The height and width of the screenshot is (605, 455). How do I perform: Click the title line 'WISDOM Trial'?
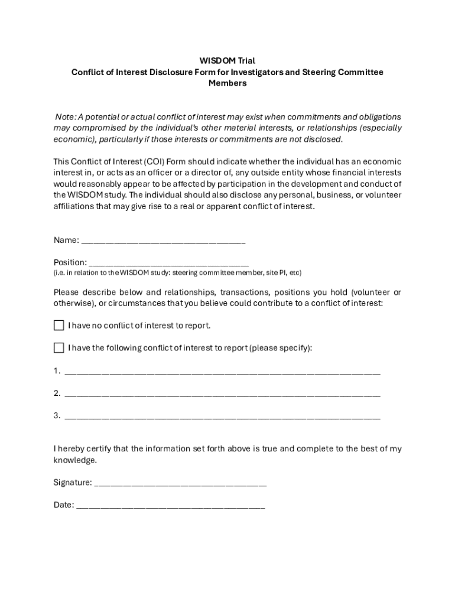pyautogui.click(x=227, y=61)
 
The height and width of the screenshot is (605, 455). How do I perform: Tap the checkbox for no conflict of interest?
pyautogui.click(x=59, y=326)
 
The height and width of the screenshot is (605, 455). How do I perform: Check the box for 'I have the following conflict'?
pyautogui.click(x=59, y=348)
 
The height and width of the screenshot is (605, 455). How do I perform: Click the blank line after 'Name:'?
pyautogui.click(x=163, y=242)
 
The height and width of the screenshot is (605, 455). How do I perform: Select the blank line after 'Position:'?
pyautogui.click(x=168, y=264)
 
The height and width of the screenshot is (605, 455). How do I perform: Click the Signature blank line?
pyautogui.click(x=180, y=484)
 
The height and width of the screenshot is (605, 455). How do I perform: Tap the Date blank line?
pyautogui.click(x=171, y=506)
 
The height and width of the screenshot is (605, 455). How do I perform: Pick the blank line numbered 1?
pyautogui.click(x=222, y=372)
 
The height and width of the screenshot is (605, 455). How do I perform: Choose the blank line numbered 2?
pyautogui.click(x=222, y=395)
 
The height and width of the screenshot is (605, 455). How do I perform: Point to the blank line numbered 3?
pyautogui.click(x=222, y=417)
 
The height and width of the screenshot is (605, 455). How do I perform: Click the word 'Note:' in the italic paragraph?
pyautogui.click(x=66, y=117)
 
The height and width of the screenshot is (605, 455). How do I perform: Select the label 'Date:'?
pyautogui.click(x=64, y=505)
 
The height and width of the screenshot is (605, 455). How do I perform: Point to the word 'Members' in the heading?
pyautogui.click(x=227, y=83)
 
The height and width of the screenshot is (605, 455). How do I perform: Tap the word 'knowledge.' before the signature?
pyautogui.click(x=75, y=460)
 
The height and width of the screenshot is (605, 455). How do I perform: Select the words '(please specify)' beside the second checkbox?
pyautogui.click(x=279, y=348)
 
